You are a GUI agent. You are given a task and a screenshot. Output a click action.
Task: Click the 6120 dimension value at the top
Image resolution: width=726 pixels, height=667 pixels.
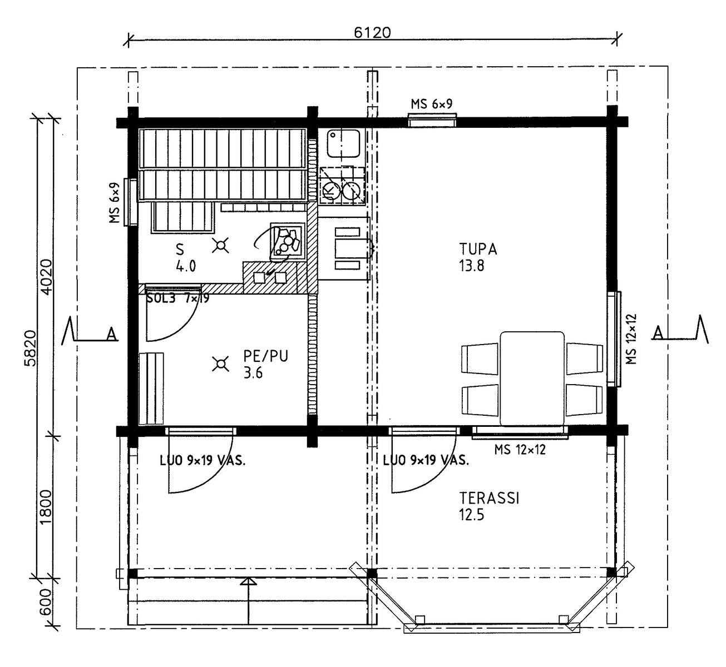(372, 33)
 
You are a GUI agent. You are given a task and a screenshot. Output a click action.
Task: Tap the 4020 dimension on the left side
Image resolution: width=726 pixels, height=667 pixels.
(46, 277)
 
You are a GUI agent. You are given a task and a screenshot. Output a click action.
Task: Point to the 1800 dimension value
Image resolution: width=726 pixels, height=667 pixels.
(46, 507)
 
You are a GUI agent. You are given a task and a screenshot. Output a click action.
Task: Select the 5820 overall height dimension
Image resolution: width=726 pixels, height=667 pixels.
(31, 349)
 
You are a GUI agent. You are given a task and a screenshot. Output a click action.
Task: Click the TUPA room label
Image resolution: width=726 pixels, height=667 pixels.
(478, 249)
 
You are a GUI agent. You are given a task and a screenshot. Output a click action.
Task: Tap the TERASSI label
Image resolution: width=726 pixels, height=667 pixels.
(490, 498)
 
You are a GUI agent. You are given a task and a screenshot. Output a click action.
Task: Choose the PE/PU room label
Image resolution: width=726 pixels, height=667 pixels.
(266, 356)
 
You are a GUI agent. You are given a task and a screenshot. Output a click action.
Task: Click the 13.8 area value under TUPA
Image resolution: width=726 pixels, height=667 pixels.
(472, 266)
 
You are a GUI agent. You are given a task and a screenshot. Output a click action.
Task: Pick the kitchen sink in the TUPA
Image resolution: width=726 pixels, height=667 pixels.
(343, 143)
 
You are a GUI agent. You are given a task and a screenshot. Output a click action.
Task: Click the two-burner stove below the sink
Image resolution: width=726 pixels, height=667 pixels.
(342, 185)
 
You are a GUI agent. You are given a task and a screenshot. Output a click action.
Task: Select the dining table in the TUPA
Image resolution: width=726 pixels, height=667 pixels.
(532, 379)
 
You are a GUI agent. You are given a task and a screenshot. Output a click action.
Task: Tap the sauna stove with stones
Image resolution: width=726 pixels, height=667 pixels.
(288, 241)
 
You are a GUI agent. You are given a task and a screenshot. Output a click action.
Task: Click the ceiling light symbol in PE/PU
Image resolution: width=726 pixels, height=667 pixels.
(220, 364)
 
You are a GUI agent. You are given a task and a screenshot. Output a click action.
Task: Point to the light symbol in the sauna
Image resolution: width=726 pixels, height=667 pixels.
(220, 246)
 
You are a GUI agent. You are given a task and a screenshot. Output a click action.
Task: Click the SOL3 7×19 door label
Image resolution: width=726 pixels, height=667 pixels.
(177, 298)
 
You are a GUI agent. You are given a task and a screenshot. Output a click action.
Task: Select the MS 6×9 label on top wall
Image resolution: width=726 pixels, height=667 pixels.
(431, 104)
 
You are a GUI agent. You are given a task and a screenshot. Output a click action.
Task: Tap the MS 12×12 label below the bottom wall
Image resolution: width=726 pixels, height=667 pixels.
(520, 450)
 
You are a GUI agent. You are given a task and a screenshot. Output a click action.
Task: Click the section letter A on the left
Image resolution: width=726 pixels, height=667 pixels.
(112, 334)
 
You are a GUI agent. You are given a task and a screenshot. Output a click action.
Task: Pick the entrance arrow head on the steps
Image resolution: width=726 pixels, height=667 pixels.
(248, 581)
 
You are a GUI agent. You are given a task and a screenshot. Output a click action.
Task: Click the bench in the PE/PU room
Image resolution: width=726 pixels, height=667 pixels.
(151, 388)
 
